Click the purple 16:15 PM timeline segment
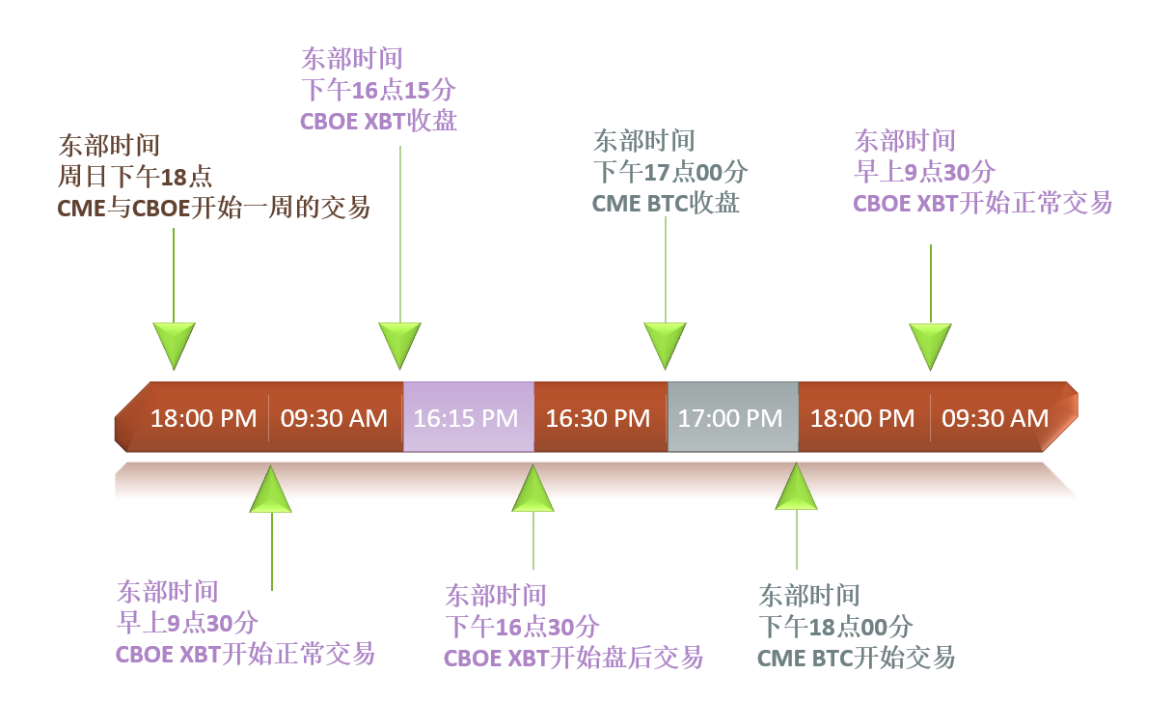coord(467,418)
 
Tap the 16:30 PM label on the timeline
coord(598,418)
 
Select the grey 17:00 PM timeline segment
coord(731,418)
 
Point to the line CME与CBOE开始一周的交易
coord(215,207)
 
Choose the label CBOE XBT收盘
coord(378,121)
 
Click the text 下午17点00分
coord(670,173)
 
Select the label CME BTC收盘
coord(666,204)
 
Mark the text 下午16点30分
coord(522,627)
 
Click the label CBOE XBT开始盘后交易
coord(573,658)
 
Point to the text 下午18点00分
coord(835,627)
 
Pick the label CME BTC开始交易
coord(856,658)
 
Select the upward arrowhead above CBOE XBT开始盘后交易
coord(533,489)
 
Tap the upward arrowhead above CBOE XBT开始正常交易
coord(271,489)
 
